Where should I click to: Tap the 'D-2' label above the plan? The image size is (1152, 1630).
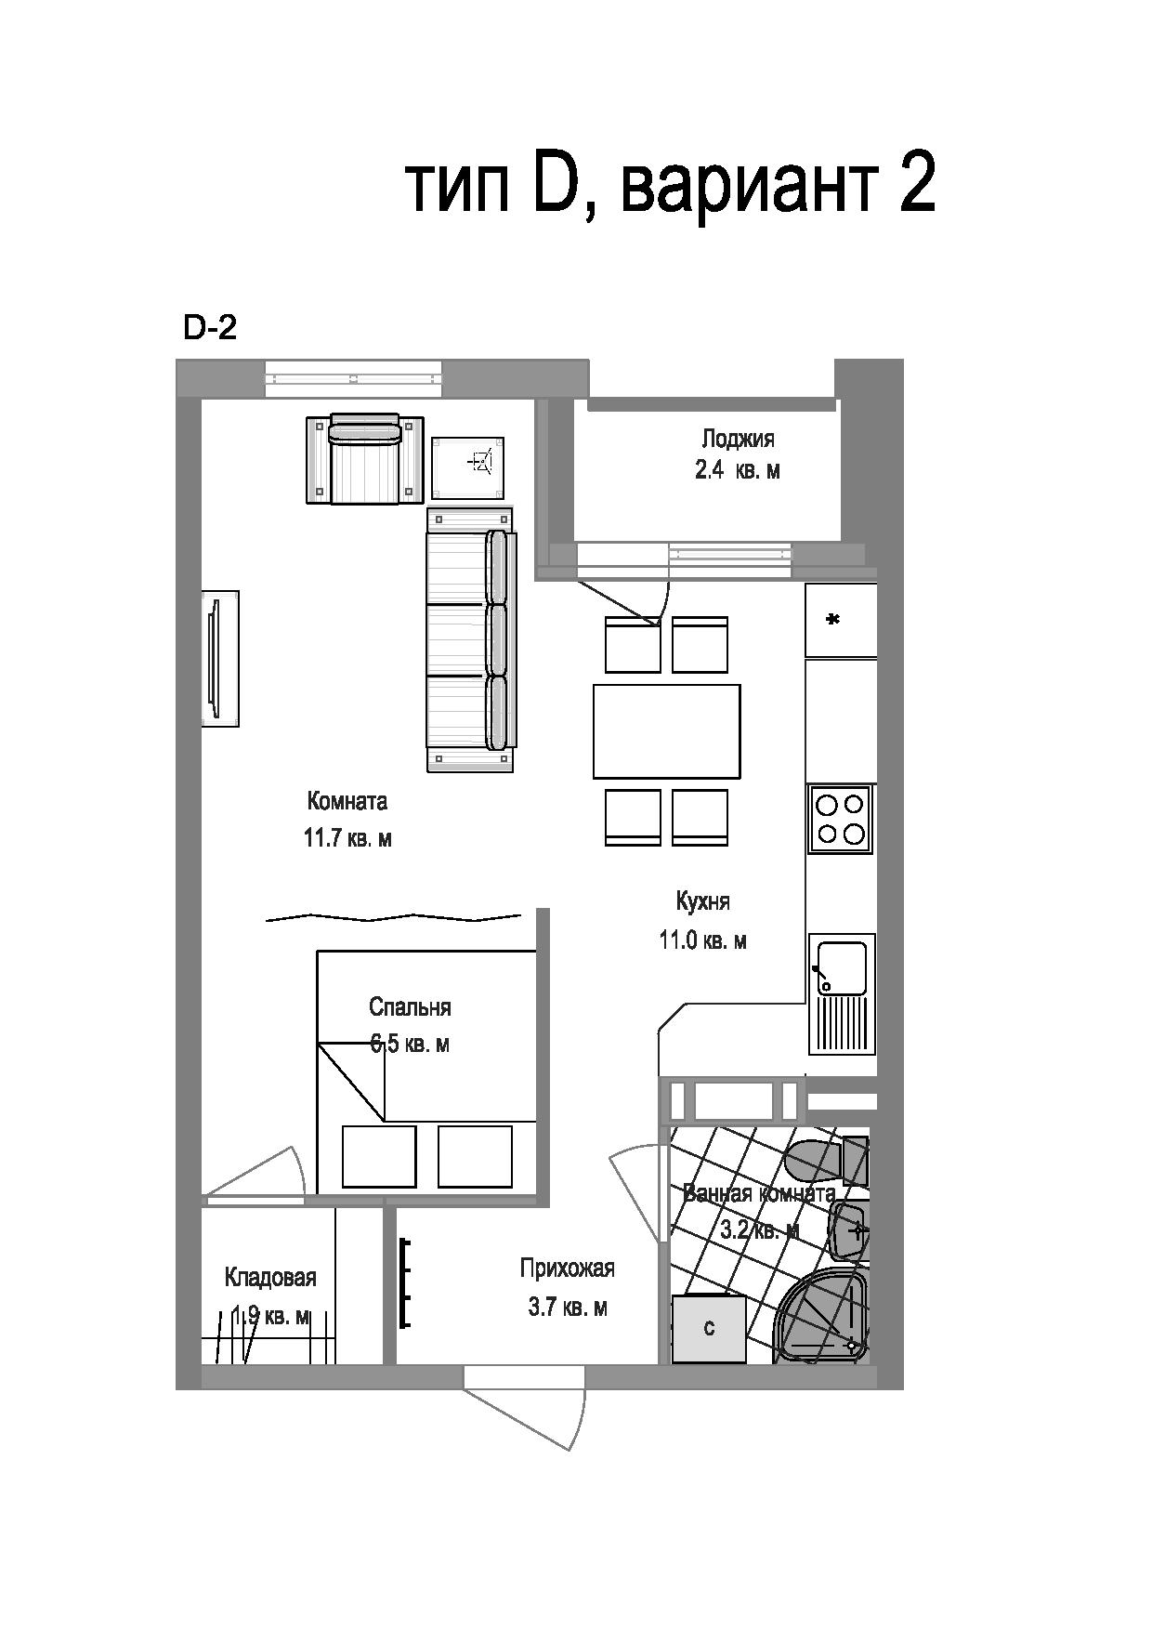(x=210, y=327)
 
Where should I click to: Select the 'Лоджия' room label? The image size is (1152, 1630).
(x=738, y=439)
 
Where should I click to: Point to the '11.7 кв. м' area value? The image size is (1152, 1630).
(x=347, y=838)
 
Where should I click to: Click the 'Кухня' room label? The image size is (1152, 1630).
(x=703, y=901)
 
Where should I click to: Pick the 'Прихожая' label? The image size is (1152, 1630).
(x=568, y=1268)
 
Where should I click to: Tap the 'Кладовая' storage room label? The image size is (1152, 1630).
(x=270, y=1278)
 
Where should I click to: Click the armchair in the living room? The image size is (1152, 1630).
(x=365, y=459)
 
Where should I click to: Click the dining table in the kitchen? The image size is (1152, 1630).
(x=667, y=731)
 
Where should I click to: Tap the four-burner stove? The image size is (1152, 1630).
(x=841, y=819)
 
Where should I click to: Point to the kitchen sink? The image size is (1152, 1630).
(x=842, y=993)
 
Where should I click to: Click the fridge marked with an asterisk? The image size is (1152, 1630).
(x=841, y=620)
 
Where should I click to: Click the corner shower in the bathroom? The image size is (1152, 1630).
(x=823, y=1317)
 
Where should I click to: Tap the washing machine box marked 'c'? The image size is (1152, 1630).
(x=709, y=1329)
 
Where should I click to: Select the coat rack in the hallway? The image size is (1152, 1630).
(x=405, y=1282)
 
